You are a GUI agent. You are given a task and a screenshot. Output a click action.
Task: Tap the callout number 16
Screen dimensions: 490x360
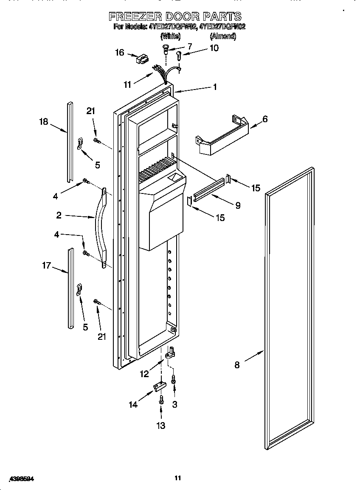pyautogui.click(x=120, y=53)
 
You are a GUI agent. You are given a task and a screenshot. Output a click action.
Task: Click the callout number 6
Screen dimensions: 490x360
pyautogui.click(x=265, y=119)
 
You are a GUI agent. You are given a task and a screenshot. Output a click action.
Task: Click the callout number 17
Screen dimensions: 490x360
pyautogui.click(x=46, y=266)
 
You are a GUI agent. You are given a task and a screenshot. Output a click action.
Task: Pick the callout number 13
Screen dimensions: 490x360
pyautogui.click(x=161, y=426)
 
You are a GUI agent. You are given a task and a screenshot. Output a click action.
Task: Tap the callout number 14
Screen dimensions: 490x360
pyautogui.click(x=133, y=404)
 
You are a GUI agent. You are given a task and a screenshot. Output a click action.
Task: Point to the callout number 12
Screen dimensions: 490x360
pyautogui.click(x=144, y=374)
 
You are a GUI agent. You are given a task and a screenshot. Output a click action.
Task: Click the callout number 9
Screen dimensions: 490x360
pyautogui.click(x=238, y=205)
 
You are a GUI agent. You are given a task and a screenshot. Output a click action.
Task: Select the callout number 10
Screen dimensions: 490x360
pyautogui.click(x=214, y=48)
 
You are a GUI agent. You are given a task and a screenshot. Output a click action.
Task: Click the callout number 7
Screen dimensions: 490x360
pyautogui.click(x=189, y=46)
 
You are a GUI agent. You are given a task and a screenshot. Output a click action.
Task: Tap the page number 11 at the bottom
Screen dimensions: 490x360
pyautogui.click(x=178, y=478)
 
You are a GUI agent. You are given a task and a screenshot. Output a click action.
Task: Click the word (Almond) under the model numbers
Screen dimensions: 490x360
pyautogui.click(x=223, y=36)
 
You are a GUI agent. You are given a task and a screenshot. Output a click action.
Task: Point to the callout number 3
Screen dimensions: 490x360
pyautogui.click(x=174, y=404)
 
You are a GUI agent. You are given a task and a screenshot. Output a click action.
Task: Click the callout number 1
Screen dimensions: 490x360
pyautogui.click(x=215, y=87)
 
